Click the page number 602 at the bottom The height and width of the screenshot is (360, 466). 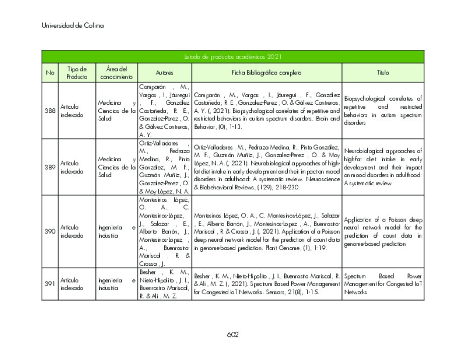232,335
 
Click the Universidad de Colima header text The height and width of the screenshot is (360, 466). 73,25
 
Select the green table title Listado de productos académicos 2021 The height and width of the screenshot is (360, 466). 232,57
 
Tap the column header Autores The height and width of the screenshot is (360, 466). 164,73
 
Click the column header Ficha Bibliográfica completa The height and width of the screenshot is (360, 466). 267,73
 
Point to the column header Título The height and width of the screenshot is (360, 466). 383,73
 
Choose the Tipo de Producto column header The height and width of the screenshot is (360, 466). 77,73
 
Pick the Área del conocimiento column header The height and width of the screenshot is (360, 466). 116,73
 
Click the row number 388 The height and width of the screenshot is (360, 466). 50,111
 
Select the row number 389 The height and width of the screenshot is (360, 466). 50,167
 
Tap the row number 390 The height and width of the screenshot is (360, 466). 50,232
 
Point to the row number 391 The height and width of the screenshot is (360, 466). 50,284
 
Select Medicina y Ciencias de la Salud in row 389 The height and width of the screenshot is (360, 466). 116,167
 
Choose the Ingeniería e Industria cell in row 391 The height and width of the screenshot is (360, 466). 116,284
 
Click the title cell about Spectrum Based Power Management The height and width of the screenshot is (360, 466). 383,284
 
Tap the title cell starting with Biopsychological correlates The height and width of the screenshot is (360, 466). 383,111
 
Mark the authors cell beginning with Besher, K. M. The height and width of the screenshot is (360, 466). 164,284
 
